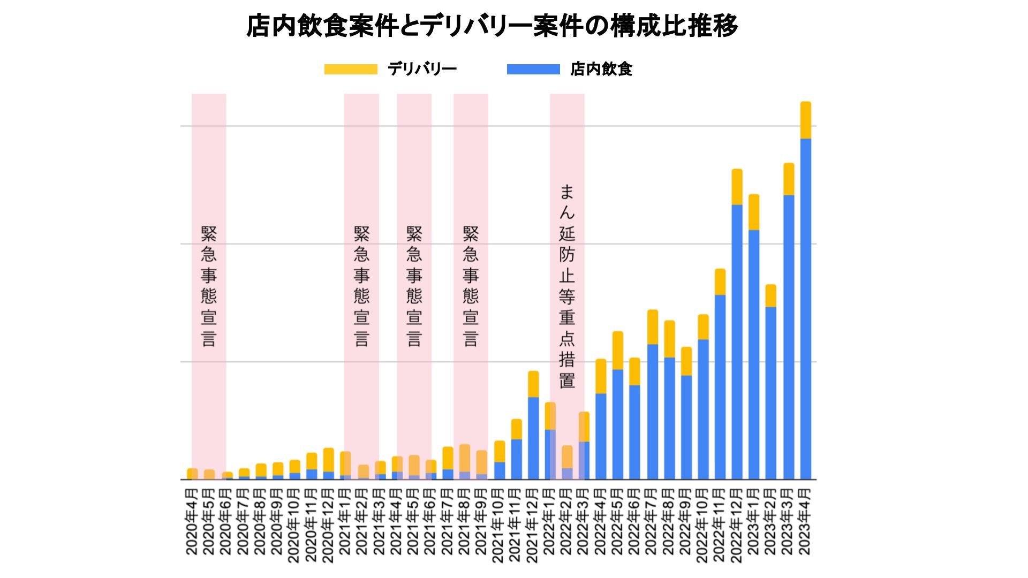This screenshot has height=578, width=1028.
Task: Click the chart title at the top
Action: tap(492, 26)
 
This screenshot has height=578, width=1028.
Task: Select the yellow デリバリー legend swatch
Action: tap(351, 70)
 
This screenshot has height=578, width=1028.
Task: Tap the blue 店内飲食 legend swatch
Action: tap(533, 70)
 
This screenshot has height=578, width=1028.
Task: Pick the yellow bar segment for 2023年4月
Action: tap(805, 120)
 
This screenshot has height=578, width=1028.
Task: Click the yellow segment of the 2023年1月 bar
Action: tap(754, 212)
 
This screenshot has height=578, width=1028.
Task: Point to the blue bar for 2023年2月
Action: tap(770, 393)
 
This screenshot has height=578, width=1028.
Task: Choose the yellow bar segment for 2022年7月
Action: tap(652, 327)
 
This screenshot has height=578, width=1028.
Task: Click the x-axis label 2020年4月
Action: tap(192, 521)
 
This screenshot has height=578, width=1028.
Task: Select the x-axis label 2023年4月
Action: tap(805, 521)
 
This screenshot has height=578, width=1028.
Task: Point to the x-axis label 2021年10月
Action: tap(498, 525)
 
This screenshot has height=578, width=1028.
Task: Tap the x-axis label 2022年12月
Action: tap(737, 525)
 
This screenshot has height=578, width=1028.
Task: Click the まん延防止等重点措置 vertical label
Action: tap(567, 286)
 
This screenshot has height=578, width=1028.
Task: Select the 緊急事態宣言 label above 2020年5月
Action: tap(209, 286)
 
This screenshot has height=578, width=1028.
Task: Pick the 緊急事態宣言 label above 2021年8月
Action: tap(471, 286)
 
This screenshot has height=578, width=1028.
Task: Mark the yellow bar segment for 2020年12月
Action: tap(328, 460)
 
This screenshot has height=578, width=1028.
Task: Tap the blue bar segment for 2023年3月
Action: tap(788, 337)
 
